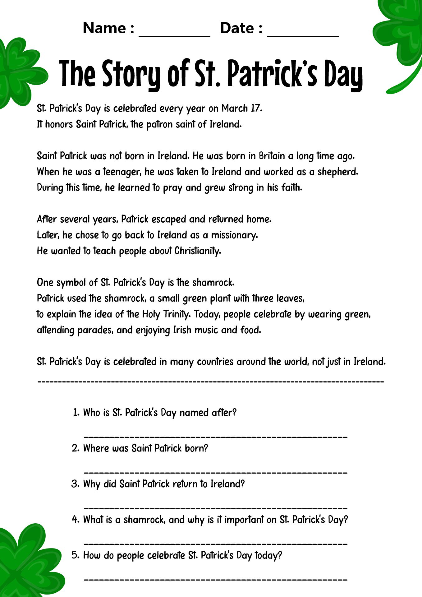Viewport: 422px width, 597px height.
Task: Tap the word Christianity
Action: pos(198,251)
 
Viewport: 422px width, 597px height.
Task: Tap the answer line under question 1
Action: pos(215,437)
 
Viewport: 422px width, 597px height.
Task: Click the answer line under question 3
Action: pos(215,508)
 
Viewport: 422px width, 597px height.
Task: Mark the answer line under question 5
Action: pos(215,580)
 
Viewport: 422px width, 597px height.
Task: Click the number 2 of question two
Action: pos(75,448)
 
